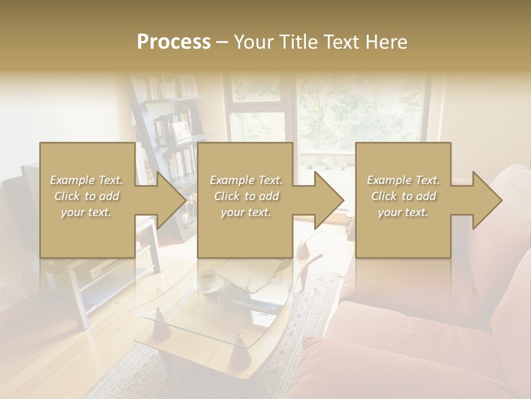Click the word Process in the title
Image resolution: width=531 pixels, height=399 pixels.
pyautogui.click(x=174, y=42)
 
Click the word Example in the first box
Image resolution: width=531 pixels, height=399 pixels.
pyautogui.click(x=72, y=180)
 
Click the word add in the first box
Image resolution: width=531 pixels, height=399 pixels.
pyautogui.click(x=109, y=196)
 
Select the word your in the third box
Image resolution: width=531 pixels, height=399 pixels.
pyautogui.click(x=389, y=212)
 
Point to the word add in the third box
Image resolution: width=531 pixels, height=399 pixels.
pyautogui.click(x=426, y=196)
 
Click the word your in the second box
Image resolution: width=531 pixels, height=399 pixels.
pyautogui.click(x=232, y=212)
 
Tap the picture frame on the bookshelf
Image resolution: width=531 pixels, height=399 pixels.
pyautogui.click(x=180, y=131)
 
